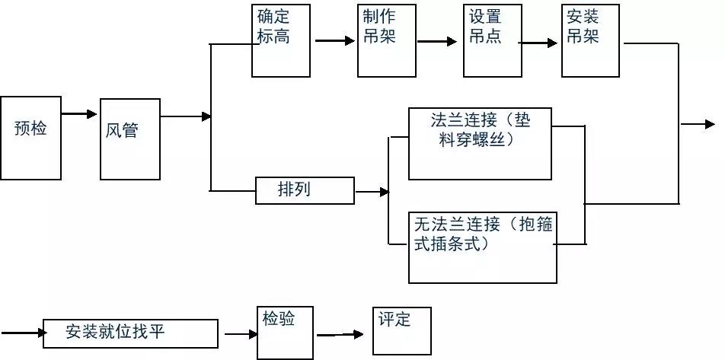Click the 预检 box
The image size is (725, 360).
30,138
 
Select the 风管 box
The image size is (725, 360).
130,139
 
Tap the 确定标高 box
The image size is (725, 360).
281,40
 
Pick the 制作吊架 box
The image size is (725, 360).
387,40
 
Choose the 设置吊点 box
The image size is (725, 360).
493,40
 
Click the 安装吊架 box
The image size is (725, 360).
590,40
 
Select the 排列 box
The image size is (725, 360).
305,190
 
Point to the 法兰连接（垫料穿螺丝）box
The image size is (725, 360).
480,144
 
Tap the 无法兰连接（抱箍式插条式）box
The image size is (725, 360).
483,247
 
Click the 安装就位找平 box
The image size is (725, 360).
130,333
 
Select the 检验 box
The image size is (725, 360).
286,333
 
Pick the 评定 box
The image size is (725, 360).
402,331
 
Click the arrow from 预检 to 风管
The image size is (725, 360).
79,113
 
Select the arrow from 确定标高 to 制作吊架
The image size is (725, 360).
335,40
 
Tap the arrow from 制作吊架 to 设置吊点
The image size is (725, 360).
437,42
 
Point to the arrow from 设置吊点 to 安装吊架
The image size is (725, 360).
538,43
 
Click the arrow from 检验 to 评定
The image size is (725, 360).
340,334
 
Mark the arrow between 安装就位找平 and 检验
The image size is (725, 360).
241,334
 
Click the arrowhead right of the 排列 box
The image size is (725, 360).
385,192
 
